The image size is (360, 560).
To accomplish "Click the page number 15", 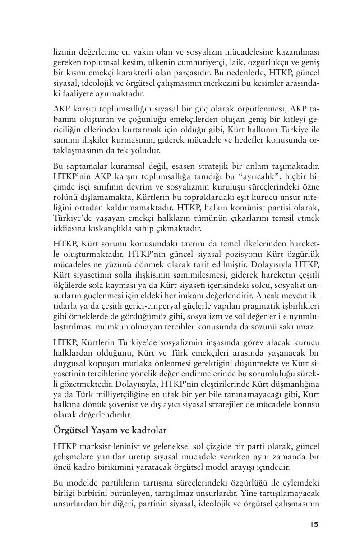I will (x=314, y=524).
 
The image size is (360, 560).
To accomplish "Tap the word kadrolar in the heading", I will (x=148, y=430).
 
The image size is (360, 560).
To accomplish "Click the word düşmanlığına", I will (x=292, y=384).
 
